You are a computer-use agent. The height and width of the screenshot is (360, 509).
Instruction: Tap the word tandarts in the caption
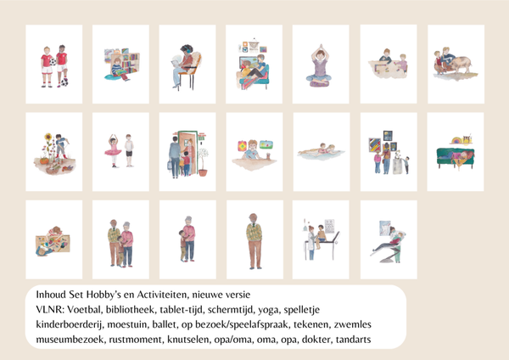pos(353,340)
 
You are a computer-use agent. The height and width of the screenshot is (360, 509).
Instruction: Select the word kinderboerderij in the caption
pos(70,324)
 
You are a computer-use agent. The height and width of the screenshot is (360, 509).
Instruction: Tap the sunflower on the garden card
pos(48,138)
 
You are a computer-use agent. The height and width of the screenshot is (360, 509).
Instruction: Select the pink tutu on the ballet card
pos(113,152)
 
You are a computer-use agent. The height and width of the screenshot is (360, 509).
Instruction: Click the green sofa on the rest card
pos(456,157)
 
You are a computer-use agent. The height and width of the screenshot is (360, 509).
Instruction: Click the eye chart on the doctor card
pos(329,226)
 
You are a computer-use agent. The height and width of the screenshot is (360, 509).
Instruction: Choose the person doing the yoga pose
pos(320,66)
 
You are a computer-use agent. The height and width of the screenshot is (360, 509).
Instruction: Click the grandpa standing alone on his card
pos(255,241)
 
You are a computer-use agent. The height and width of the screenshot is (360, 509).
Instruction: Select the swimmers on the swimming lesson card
pos(321,150)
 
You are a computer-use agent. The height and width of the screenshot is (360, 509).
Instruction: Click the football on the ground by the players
pos(64,82)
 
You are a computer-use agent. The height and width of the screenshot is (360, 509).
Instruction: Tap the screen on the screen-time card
pos(249,62)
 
